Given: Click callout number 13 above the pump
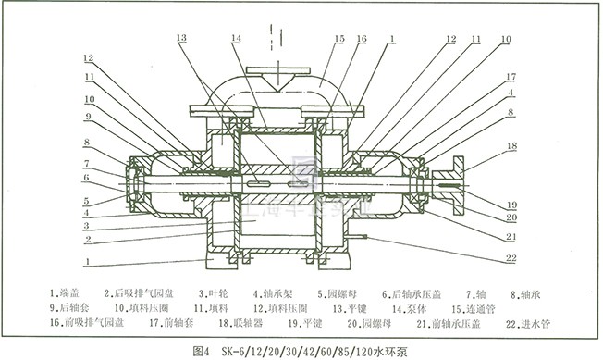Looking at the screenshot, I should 181,38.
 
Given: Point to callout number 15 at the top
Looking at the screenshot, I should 339,39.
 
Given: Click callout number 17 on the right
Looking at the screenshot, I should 510,78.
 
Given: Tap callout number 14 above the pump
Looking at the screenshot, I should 238,38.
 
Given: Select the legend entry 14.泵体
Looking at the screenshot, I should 408,305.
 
